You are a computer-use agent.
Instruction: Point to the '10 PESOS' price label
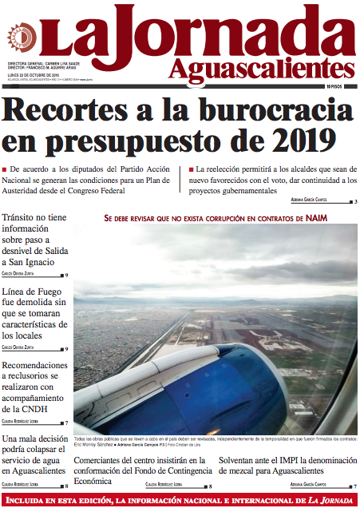339,85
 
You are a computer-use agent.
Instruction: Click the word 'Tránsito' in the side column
23,218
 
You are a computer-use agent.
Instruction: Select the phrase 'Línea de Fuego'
35,292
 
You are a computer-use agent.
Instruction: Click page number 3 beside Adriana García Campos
355,201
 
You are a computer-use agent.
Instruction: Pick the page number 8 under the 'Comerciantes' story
209,486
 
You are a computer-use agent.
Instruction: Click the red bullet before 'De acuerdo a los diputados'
6,170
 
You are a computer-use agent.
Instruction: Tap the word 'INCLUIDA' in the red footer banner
32,501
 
